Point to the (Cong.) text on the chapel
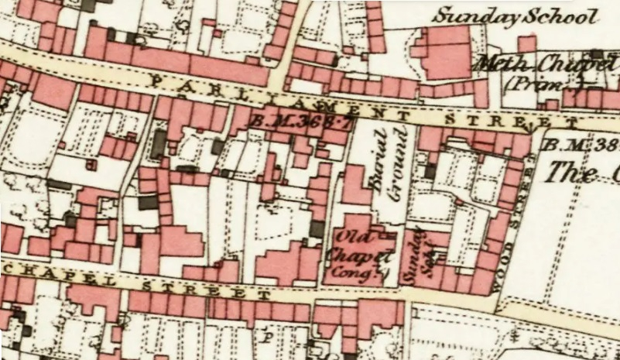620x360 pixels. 361,270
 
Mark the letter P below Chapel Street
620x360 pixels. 269,337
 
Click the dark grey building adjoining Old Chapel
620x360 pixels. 317,229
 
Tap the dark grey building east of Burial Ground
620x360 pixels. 430,170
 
